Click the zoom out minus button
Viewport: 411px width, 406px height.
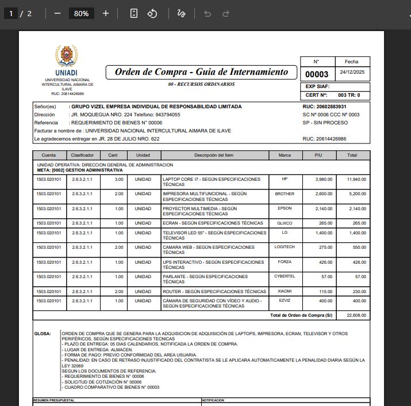(57, 13)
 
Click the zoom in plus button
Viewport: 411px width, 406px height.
(106, 13)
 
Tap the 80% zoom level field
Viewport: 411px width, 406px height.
(81, 13)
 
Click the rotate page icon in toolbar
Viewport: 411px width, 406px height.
(152, 13)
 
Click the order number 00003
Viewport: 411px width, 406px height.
(316, 74)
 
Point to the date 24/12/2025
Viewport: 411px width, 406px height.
(351, 73)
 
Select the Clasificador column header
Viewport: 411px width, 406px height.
(82, 155)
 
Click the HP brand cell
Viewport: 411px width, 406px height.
(285, 179)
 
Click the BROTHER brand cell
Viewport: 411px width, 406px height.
(285, 194)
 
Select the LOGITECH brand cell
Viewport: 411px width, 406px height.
(285, 246)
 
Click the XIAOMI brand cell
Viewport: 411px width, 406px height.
(285, 291)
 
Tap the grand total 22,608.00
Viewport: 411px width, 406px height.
(356, 316)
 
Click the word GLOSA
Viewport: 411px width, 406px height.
(43, 333)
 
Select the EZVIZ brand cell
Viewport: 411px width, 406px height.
(285, 301)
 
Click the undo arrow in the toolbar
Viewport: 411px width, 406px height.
(208, 13)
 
